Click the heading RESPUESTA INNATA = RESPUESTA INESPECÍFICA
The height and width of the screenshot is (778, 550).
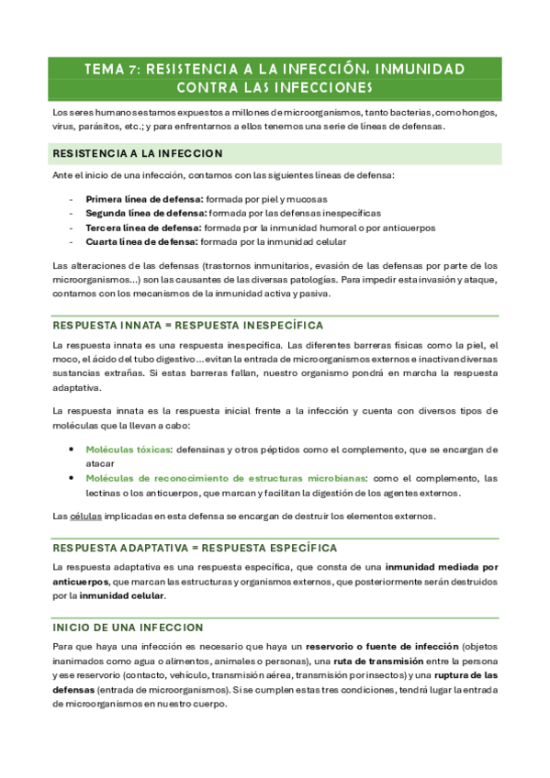click(x=188, y=326)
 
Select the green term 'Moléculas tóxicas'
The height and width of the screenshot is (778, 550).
click(x=128, y=450)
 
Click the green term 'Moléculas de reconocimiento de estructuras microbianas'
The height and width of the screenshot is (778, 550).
click(x=225, y=478)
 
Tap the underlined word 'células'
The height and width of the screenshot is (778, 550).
click(x=85, y=516)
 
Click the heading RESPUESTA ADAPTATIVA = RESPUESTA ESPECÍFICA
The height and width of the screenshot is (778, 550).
click(x=196, y=548)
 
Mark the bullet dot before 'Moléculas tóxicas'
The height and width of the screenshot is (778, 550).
click(x=72, y=450)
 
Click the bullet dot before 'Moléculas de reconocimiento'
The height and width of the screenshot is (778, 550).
click(x=72, y=478)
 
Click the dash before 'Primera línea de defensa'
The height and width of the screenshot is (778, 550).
click(x=72, y=199)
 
